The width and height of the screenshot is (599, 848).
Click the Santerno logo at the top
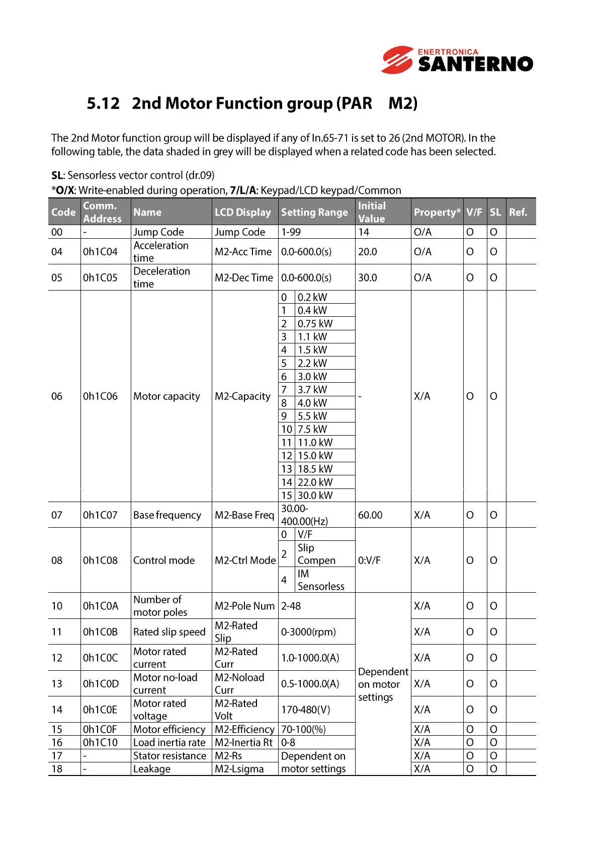(457, 60)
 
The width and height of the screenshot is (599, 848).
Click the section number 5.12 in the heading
(103, 103)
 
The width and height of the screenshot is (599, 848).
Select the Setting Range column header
(314, 213)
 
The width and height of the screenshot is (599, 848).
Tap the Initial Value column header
(372, 212)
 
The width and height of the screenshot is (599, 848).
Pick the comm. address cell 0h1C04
(100, 252)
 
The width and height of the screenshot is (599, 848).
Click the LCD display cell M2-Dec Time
(243, 278)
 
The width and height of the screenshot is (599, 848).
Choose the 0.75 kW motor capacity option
(315, 324)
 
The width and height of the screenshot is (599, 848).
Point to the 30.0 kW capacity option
(315, 496)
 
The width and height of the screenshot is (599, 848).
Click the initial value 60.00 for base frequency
(370, 515)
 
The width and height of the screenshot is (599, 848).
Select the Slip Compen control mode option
(316, 554)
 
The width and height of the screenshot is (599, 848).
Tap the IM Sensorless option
(320, 580)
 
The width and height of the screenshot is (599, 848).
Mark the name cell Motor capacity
(166, 396)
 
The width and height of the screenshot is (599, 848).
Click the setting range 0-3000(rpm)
(308, 632)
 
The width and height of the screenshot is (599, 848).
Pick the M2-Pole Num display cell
(244, 606)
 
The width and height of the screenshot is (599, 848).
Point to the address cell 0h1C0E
(100, 710)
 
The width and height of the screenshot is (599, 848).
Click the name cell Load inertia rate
(169, 743)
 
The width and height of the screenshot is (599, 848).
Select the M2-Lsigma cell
(239, 769)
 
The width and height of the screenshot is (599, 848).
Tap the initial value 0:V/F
(369, 560)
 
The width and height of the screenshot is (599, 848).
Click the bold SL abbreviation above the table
(57, 175)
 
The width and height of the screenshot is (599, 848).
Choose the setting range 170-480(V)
(306, 710)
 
